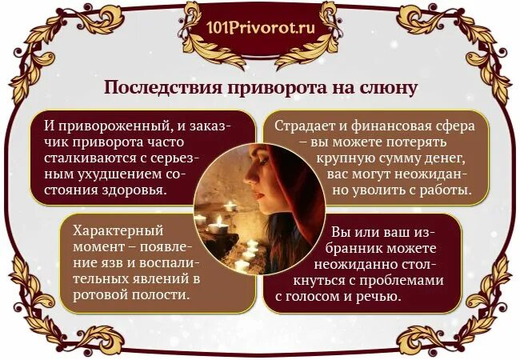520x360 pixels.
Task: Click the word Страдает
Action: tap(305, 126)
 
